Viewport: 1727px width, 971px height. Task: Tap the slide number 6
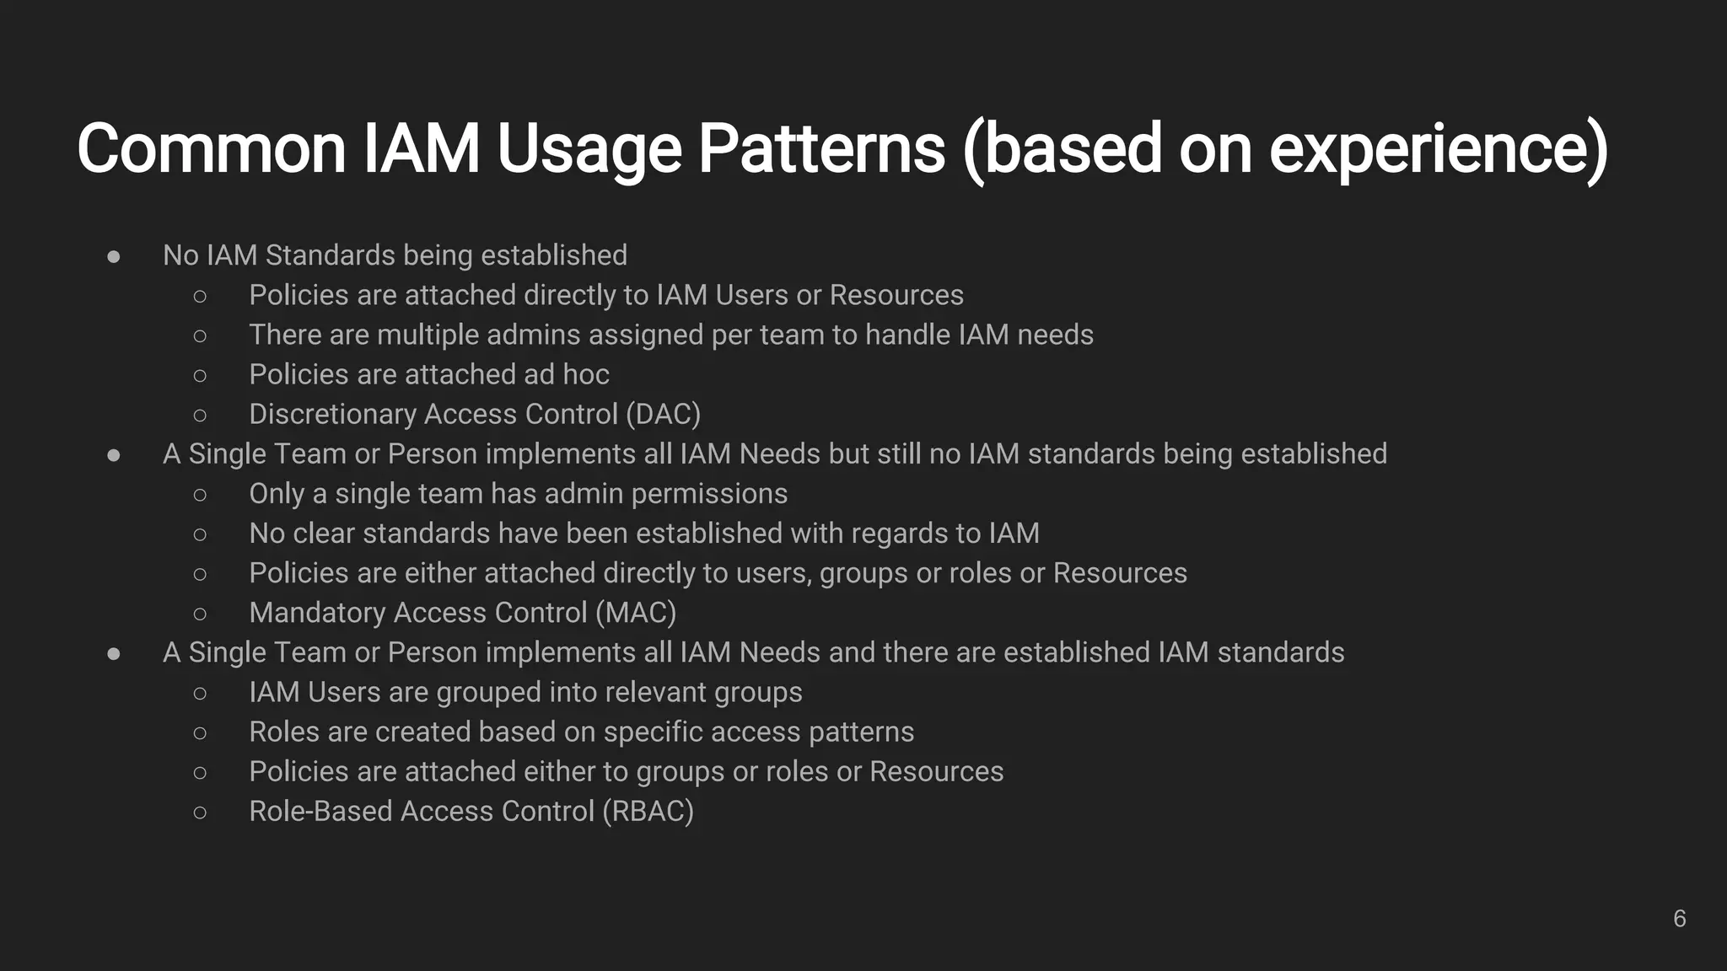(x=1679, y=919)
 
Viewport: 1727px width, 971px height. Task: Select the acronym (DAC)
(x=663, y=414)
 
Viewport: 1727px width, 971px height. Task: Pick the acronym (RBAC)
(x=648, y=811)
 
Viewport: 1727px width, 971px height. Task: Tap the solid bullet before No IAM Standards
(x=114, y=256)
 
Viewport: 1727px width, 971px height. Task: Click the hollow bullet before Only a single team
(x=200, y=495)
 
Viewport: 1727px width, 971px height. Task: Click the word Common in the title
(x=211, y=148)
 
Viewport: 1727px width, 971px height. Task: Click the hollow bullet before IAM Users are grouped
(x=200, y=693)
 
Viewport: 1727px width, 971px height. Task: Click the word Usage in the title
(x=589, y=148)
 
